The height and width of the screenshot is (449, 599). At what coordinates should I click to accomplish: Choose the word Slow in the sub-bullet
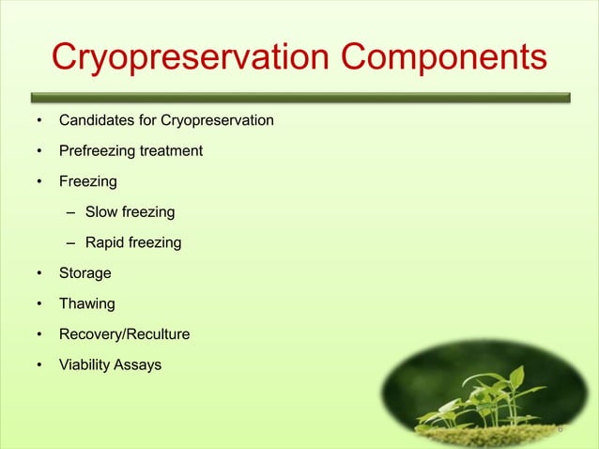[101, 212]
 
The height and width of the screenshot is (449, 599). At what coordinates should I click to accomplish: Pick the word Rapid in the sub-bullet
[105, 242]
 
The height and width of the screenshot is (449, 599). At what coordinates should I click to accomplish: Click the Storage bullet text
[85, 273]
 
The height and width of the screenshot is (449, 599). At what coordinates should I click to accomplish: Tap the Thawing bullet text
[87, 303]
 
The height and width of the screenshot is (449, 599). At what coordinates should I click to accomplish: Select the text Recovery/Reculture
[124, 334]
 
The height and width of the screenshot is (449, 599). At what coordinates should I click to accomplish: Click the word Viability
[84, 364]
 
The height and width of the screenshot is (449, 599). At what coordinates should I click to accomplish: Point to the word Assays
[138, 364]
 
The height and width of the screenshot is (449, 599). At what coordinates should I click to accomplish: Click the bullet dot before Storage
[39, 274]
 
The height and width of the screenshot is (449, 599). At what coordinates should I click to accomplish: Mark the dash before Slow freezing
[71, 212]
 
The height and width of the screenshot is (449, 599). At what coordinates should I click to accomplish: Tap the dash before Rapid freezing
[71, 243]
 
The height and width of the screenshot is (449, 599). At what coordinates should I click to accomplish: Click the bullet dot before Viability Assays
[39, 365]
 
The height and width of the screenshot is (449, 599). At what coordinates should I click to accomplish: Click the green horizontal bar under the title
[299, 96]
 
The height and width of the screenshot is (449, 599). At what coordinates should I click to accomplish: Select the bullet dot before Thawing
[39, 304]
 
